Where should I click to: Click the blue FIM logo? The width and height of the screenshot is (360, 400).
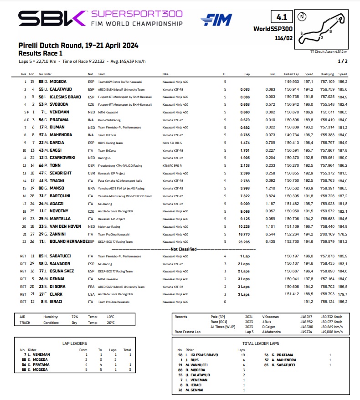[216, 20]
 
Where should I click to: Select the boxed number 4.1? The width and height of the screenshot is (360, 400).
[281, 18]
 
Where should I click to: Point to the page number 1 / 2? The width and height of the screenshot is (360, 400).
[343, 61]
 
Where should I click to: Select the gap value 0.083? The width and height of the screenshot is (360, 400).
[246, 89]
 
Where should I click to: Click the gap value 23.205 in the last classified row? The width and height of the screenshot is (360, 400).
[244, 242]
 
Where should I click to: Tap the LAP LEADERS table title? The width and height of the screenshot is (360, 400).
[73, 344]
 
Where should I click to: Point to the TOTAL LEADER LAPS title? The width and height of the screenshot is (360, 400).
[261, 344]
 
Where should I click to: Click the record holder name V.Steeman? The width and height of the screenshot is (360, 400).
[270, 316]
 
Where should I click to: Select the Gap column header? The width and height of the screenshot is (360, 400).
[247, 74]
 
